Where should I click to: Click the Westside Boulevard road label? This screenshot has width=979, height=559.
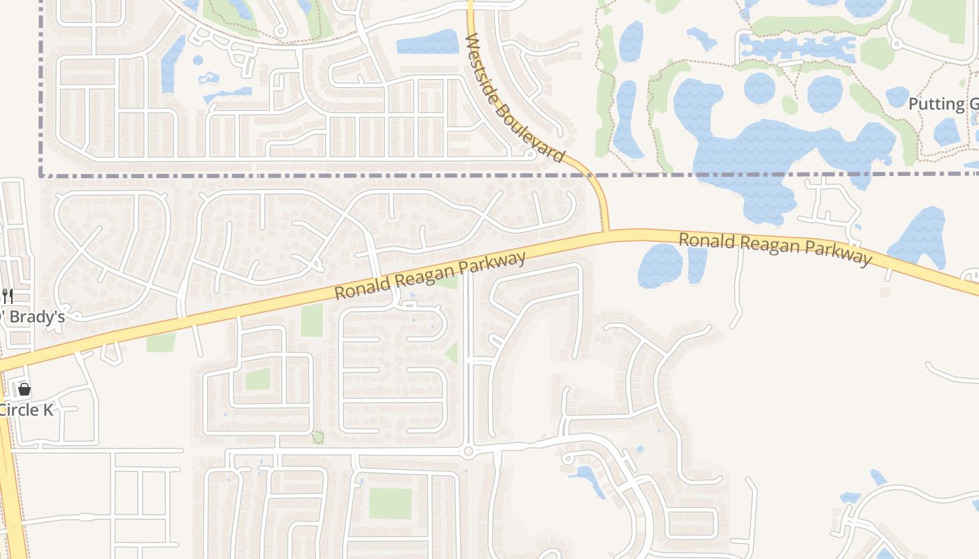513,97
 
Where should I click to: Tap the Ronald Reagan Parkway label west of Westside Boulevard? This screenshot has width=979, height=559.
430,276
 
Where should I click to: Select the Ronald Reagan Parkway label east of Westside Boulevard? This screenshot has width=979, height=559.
776,249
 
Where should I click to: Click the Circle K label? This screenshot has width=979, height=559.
26,410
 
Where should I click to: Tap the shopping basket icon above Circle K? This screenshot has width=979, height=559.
24,389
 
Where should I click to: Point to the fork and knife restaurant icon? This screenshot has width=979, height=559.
8,296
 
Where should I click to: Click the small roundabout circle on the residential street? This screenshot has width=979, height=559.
469,452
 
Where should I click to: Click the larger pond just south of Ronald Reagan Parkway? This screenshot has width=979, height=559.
659,266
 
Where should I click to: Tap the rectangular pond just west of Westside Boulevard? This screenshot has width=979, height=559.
427,43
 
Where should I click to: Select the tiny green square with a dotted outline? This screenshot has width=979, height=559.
317,437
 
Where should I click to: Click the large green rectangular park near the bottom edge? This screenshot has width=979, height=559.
390,503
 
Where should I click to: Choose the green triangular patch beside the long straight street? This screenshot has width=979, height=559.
452,352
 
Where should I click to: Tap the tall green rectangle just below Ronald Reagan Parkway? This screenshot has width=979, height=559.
312,320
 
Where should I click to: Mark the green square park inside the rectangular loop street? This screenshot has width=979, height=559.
257,379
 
